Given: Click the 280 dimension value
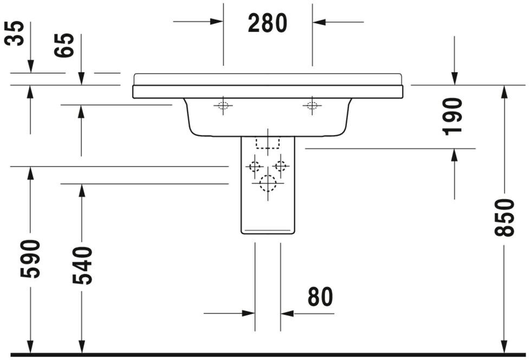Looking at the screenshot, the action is click(267, 23).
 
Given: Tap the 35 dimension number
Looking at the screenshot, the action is click(14, 33).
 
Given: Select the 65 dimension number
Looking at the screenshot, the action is click(64, 45).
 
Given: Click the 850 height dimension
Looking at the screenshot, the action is click(505, 217).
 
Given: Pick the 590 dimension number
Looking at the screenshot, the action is click(30, 259).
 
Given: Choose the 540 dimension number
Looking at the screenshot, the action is click(82, 266).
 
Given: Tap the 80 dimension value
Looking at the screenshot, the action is click(320, 297).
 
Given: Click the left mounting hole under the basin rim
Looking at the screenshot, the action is click(223, 105).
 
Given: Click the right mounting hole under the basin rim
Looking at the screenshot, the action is click(312, 105).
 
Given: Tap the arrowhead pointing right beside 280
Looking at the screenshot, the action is click(216, 22).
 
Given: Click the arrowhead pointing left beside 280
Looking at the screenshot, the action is click(319, 22).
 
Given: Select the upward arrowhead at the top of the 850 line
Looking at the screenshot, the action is click(505, 92).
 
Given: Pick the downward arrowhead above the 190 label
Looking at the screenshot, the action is click(454, 78).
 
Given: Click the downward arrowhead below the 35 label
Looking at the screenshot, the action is click(30, 66).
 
